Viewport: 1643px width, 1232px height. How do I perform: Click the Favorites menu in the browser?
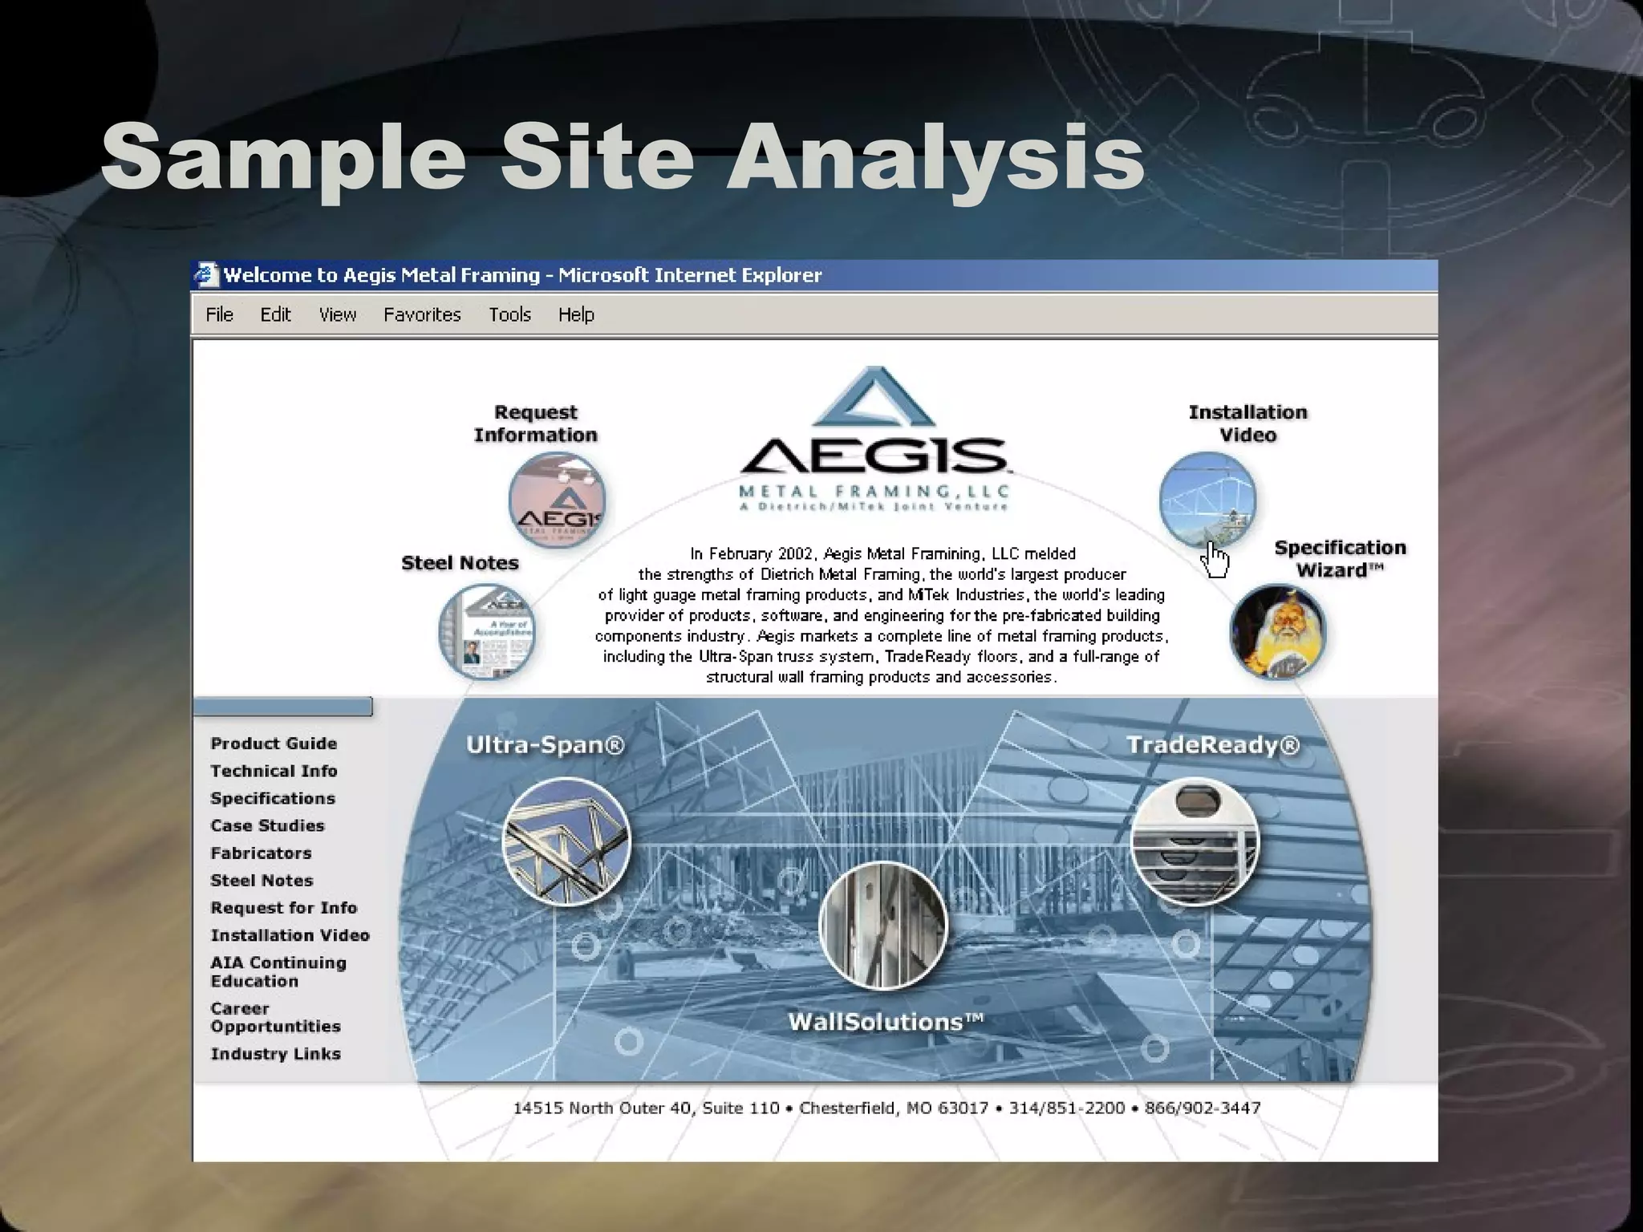click(422, 314)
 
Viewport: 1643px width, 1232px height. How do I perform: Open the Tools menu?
click(509, 314)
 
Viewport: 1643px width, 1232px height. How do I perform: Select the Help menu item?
click(576, 314)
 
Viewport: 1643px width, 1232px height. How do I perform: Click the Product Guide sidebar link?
click(274, 744)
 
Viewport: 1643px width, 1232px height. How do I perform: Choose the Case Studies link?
click(267, 825)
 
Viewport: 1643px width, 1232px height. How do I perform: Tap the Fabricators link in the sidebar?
click(261, 853)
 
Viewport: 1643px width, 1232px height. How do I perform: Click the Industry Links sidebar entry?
click(275, 1054)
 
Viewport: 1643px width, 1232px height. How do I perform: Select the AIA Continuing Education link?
click(278, 971)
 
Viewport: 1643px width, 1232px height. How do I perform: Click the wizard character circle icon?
click(1277, 632)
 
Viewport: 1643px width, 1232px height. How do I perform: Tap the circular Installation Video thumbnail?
click(1207, 500)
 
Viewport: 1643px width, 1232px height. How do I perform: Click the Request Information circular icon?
click(557, 500)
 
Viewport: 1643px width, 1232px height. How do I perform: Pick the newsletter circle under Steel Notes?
click(486, 631)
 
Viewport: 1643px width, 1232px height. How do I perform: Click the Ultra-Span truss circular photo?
click(566, 841)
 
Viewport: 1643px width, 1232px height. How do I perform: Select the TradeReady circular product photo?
click(1195, 841)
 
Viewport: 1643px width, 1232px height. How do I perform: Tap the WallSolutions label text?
click(885, 1022)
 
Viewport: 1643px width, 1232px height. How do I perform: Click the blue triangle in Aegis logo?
click(874, 399)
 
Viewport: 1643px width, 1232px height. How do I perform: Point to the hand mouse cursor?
click(1215, 559)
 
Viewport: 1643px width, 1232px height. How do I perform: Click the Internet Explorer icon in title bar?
click(206, 275)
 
